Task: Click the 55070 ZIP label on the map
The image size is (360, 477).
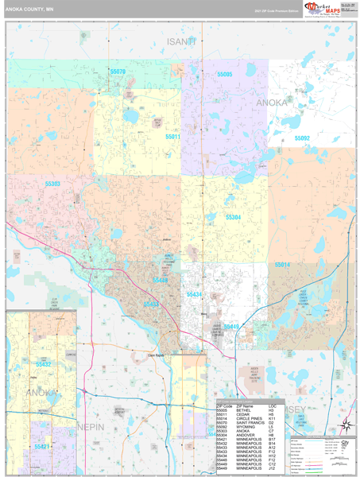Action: point(118,72)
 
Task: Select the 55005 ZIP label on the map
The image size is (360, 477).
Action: point(223,74)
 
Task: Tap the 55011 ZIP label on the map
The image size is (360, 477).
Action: point(173,137)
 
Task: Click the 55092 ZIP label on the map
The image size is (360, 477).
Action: point(302,138)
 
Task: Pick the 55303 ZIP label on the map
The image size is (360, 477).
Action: point(52,184)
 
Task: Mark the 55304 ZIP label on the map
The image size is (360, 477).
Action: point(233,216)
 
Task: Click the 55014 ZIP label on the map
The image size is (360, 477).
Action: point(283,264)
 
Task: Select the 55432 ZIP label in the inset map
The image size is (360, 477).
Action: point(44,364)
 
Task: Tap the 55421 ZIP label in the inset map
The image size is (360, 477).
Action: point(43,448)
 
